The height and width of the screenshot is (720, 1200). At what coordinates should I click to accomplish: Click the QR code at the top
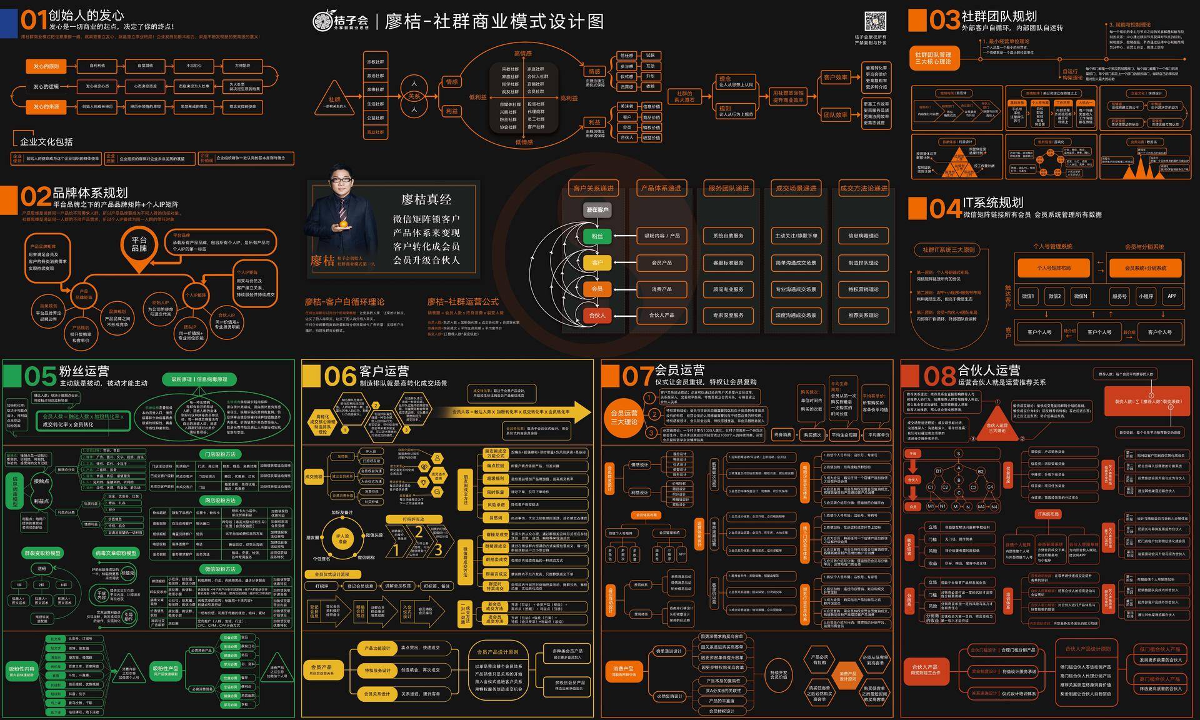[875, 21]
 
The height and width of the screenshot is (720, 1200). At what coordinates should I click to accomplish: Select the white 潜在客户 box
[597, 210]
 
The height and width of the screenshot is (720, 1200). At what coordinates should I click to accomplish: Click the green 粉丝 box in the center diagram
[597, 236]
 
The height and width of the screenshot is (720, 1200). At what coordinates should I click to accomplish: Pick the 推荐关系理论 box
[863, 316]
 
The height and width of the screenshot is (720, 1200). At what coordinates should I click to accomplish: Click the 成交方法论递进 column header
[863, 188]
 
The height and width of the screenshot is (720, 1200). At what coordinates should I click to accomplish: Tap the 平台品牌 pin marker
[139, 246]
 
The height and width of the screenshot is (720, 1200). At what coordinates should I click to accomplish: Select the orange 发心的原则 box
[46, 66]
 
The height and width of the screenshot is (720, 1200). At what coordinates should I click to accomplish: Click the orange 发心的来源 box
[46, 107]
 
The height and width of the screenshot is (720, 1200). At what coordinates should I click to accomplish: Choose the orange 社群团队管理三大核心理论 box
[933, 58]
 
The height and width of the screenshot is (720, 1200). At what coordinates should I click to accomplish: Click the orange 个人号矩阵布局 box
[1054, 268]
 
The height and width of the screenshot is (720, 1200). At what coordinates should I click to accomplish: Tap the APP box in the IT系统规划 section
[1172, 296]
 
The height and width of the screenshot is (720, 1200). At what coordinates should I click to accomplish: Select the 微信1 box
[1027, 296]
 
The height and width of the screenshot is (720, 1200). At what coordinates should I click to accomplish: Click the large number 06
[340, 376]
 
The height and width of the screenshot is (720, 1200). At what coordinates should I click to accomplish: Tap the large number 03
[944, 21]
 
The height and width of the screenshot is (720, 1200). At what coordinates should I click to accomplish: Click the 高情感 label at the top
[523, 54]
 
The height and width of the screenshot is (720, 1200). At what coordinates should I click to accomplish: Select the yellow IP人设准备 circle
[342, 539]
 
